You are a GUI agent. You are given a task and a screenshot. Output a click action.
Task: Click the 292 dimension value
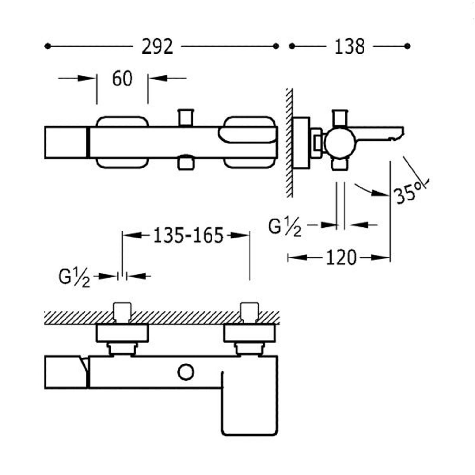(x=157, y=47)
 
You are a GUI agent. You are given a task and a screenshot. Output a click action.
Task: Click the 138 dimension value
(x=350, y=47)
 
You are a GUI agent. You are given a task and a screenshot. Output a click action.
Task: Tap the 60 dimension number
(x=122, y=79)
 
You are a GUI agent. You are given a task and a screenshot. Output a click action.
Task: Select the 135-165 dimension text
(x=188, y=236)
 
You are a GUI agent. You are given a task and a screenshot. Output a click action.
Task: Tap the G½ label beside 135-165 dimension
(x=74, y=277)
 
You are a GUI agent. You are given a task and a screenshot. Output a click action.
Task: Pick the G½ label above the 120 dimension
(x=285, y=227)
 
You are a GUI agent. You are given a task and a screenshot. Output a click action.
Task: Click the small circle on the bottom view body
(x=186, y=372)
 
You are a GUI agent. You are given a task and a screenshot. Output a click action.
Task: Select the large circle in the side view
(x=340, y=143)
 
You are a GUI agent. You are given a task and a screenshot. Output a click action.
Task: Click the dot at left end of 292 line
(x=47, y=46)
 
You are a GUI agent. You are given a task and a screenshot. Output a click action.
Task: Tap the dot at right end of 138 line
(x=408, y=46)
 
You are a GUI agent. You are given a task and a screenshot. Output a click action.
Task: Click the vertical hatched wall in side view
(x=289, y=142)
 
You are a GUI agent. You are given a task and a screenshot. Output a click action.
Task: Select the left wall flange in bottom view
(x=122, y=333)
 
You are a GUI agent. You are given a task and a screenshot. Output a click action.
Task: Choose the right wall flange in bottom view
(x=250, y=333)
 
